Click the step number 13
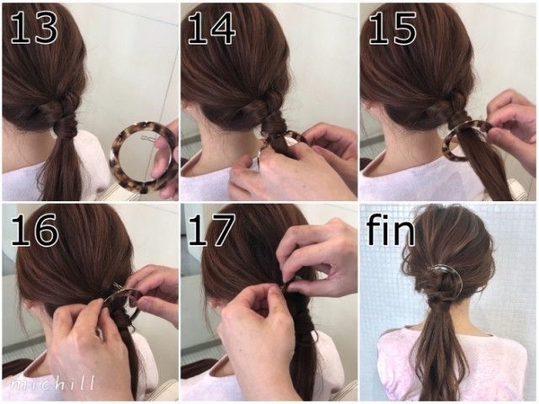(34, 29)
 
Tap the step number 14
(212, 29)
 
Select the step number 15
(393, 29)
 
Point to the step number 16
(34, 230)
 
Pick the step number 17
(212, 230)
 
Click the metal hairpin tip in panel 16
(116, 285)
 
